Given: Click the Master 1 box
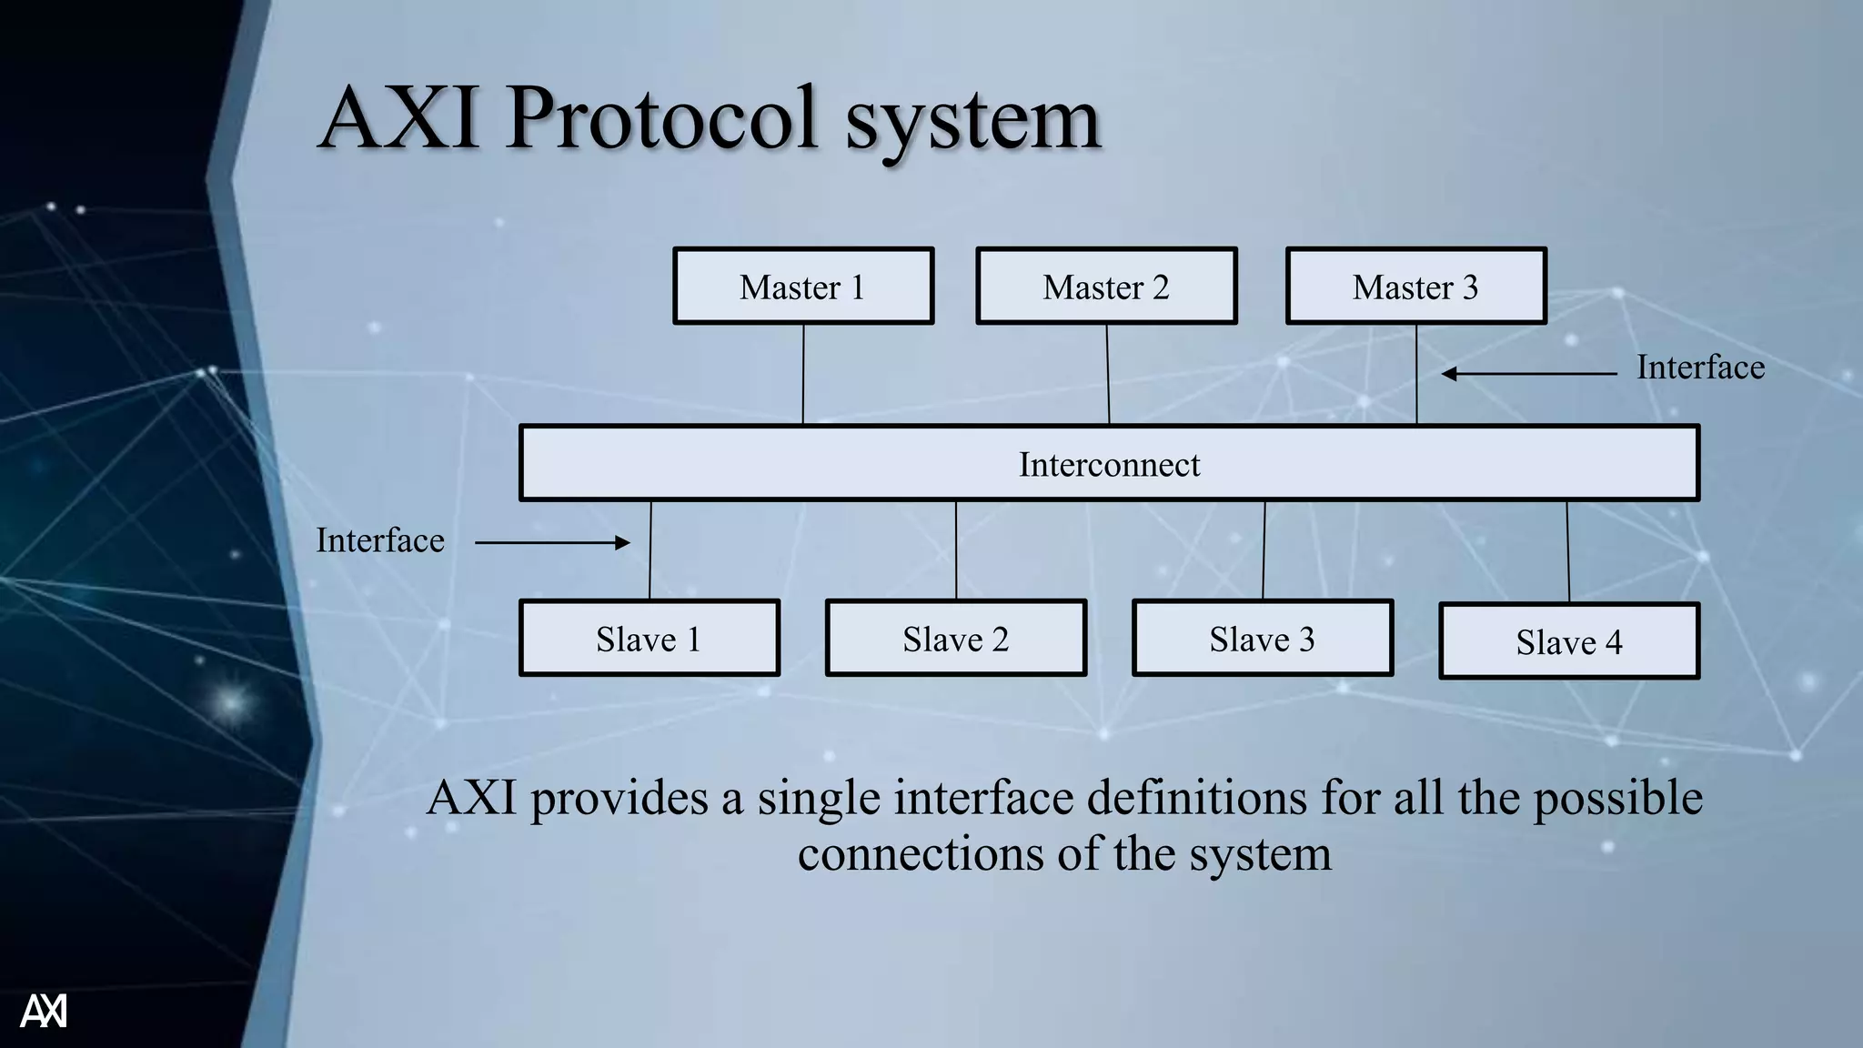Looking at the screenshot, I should click(803, 287).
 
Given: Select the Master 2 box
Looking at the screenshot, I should click(1106, 287).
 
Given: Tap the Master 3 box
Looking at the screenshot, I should click(1415, 287).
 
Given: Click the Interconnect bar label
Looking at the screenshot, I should click(1109, 465).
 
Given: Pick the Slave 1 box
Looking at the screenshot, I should click(649, 639).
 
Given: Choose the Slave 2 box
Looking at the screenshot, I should click(955, 639).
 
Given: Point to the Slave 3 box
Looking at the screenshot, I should click(1262, 639).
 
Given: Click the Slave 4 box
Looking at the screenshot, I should click(1568, 642).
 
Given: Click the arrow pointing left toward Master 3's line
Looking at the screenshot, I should click(1528, 374).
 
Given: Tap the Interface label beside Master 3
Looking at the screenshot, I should click(1700, 368).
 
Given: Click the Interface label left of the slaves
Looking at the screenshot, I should click(380, 540).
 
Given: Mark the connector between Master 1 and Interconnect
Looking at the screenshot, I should click(803, 374).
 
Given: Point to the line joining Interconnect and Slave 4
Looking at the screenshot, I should click(1567, 550).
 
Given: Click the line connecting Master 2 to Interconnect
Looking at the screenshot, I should click(1108, 374).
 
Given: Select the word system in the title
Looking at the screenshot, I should click(972, 122).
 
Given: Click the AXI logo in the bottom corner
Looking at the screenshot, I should click(44, 1011).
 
